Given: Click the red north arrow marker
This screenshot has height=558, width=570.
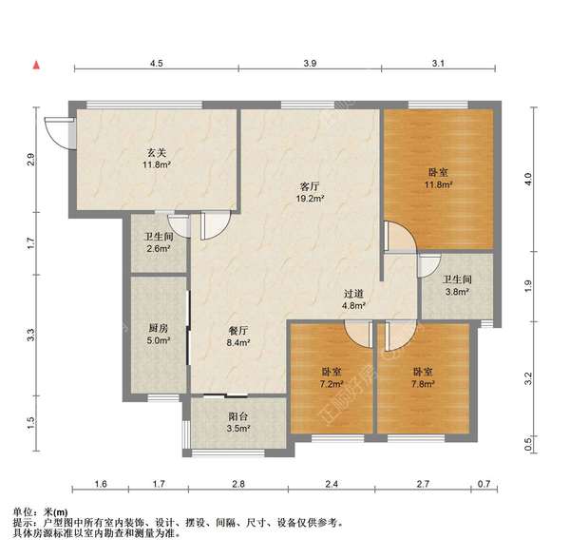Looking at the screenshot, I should [x=36, y=66].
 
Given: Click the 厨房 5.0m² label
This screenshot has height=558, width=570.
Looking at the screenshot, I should [x=159, y=334].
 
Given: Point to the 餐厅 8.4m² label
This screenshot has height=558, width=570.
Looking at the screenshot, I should [x=238, y=337].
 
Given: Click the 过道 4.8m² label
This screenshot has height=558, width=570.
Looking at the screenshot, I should [x=355, y=300].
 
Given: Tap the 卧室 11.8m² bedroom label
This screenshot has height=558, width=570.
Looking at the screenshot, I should [x=438, y=178].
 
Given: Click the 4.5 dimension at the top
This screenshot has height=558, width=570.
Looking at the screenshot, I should [x=157, y=63].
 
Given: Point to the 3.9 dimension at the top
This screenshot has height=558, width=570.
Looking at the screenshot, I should [x=310, y=63].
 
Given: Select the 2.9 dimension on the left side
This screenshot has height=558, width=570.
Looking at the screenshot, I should [x=31, y=159].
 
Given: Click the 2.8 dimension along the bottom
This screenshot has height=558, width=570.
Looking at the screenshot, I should [x=238, y=485].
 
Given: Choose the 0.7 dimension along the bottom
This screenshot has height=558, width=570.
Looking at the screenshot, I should [x=484, y=485].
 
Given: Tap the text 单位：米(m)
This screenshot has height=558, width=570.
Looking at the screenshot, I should [x=43, y=512].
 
